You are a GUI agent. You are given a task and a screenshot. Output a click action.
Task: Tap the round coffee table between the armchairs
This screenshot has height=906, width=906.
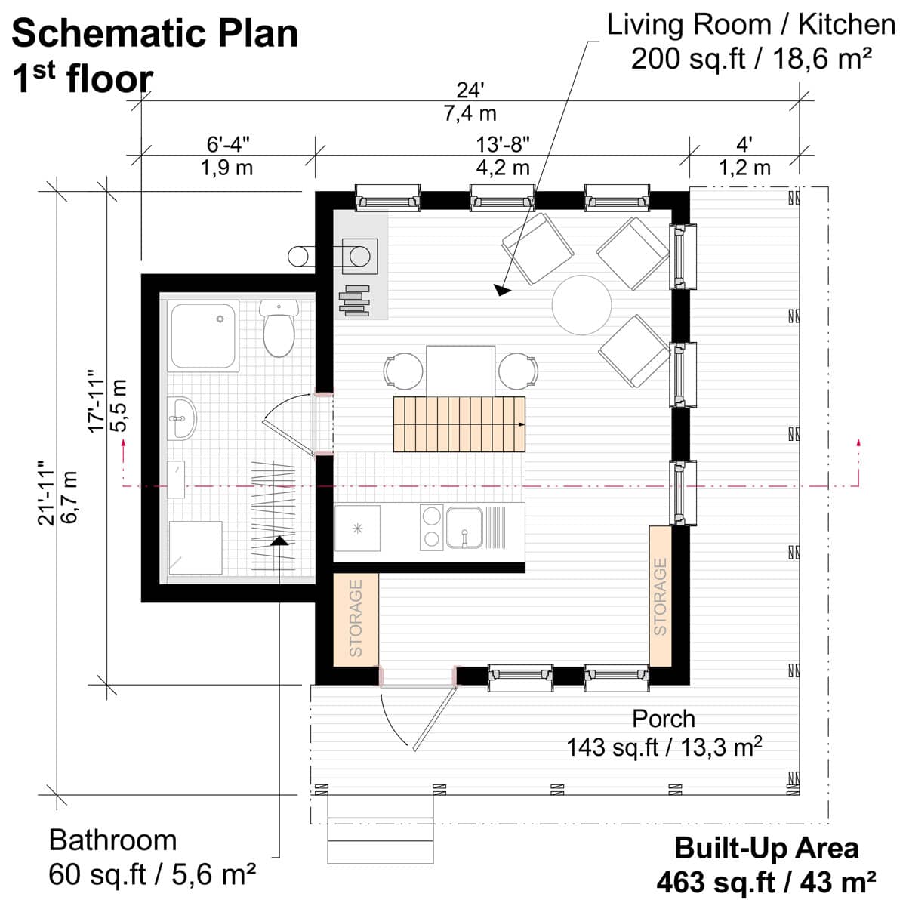coord(581,305)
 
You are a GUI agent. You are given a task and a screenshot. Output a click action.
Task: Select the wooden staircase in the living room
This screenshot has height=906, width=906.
coord(459,424)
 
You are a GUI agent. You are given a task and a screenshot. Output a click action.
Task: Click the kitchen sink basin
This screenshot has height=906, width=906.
coord(464,527)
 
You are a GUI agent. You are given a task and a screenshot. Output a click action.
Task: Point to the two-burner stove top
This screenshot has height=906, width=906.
coord(432,528)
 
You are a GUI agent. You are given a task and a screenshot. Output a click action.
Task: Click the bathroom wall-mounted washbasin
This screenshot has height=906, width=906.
coord(181,418)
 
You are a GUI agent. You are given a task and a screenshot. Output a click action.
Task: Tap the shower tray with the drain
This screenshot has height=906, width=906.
coord(203,336)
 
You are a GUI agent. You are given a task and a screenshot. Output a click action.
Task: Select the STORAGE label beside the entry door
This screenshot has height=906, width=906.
coord(356,618)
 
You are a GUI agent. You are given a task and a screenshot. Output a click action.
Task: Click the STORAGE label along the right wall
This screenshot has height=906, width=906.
coord(660,596)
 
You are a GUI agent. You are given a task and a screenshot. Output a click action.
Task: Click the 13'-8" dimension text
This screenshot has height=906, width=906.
coord(503,144)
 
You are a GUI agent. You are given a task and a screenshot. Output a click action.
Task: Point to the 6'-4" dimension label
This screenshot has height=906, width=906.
coord(228,144)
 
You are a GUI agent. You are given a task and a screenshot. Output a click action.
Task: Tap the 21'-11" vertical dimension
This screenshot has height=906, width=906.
coord(47,493)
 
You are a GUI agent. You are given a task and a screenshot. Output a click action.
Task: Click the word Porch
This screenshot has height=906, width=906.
coord(664,719)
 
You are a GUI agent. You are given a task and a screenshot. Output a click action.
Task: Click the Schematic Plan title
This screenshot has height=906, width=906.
coord(155,34)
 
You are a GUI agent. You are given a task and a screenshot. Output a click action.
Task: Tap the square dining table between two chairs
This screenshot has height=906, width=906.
coord(461,371)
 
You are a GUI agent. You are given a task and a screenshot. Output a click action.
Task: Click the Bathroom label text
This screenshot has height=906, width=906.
coord(112,840)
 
